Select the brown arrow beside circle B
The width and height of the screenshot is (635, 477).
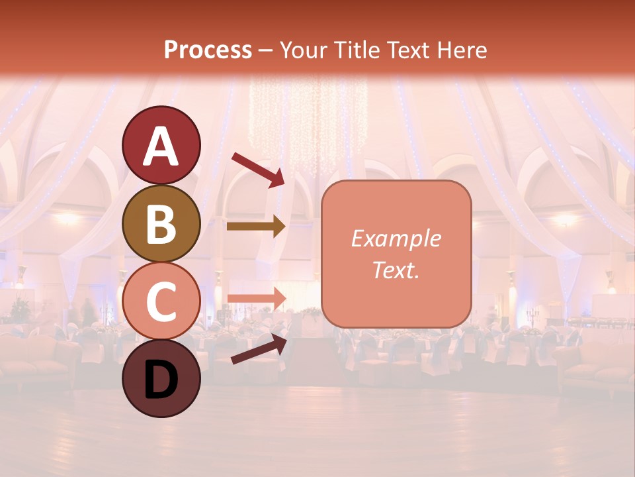coord(256,227)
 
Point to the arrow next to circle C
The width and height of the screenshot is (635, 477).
coord(257,299)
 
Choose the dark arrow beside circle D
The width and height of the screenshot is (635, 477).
coord(259,349)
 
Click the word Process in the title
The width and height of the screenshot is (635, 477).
coord(208,50)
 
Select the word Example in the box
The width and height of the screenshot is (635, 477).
coord(396,238)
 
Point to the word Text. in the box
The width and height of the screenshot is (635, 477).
coord(396,270)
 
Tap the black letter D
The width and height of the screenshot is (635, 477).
coord(161,381)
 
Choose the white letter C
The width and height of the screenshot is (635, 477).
coord(161,301)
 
